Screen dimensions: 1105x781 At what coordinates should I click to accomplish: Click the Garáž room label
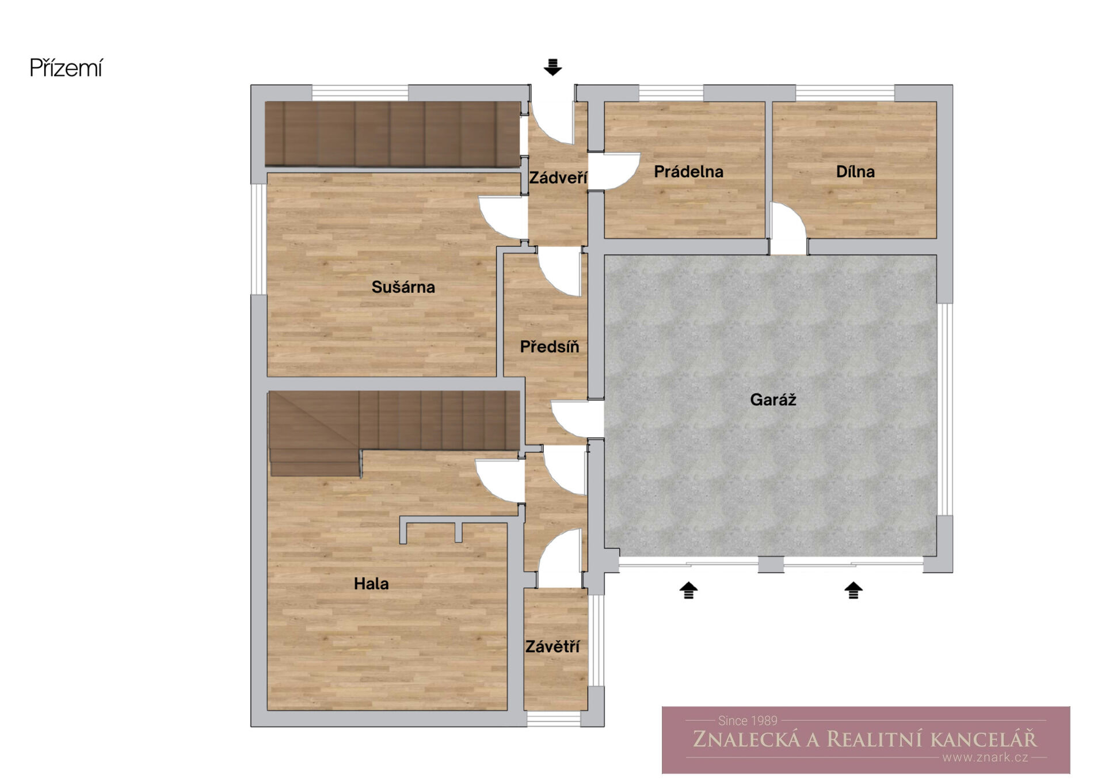[x=773, y=399]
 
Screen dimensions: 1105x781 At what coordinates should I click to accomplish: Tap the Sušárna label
[x=403, y=287]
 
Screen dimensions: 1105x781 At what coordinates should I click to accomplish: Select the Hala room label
[x=371, y=584]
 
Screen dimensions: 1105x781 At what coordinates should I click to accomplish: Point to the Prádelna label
[x=688, y=171]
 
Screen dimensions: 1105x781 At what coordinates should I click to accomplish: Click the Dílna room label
[x=855, y=171]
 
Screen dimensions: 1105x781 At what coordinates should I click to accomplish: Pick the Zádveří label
[x=558, y=177]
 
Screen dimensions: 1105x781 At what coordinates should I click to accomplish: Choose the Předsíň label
[x=550, y=346]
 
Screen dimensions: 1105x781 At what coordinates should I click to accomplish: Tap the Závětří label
[x=552, y=646]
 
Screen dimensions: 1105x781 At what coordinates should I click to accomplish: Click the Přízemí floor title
[x=66, y=68]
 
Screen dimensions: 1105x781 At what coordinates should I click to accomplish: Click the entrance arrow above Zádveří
[x=552, y=67]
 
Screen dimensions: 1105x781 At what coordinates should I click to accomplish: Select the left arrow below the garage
[x=688, y=590]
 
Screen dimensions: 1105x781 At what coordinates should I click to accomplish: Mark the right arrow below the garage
[x=853, y=590]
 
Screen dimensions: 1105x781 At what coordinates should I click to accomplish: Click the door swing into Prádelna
[x=614, y=171]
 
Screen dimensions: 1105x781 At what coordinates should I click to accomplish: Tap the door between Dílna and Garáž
[x=788, y=228]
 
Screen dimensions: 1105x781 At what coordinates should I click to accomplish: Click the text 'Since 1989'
[x=748, y=721]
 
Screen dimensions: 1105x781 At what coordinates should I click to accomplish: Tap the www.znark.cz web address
[x=985, y=757]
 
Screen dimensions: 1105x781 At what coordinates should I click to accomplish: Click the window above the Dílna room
[x=845, y=93]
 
